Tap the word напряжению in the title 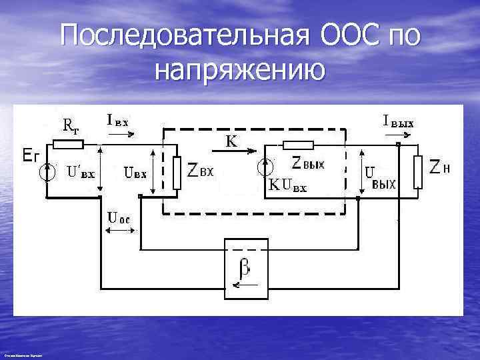pyautogui.click(x=240, y=69)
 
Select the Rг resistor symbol pyautogui.click(x=69, y=143)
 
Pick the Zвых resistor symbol pyautogui.click(x=298, y=145)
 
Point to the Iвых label pyautogui.click(x=399, y=121)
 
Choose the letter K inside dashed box pyautogui.click(x=231, y=140)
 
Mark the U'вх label pyautogui.click(x=81, y=171)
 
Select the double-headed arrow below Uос pyautogui.click(x=119, y=231)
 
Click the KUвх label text pyautogui.click(x=288, y=187)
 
